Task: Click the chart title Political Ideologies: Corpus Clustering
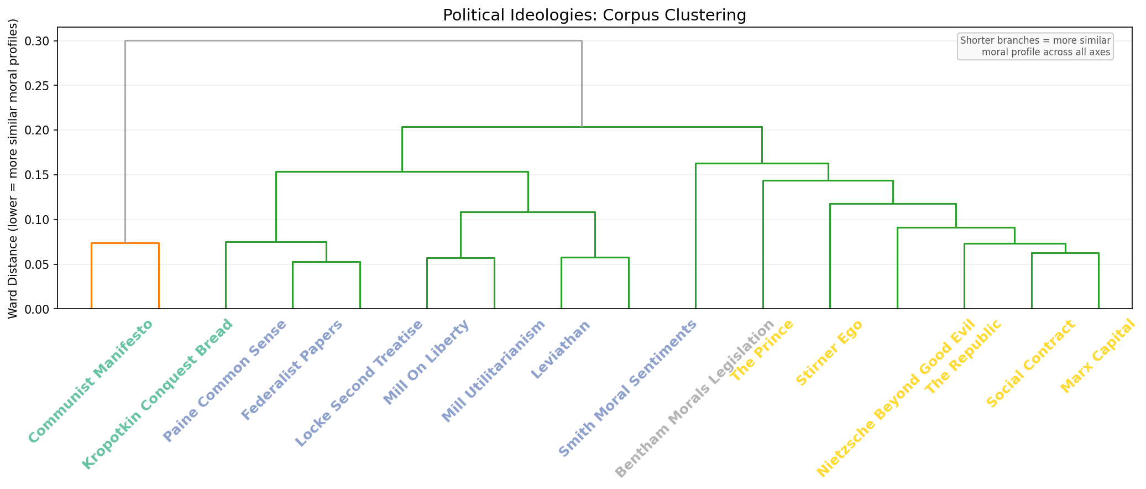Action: [594, 15]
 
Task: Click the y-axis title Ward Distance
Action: [14, 168]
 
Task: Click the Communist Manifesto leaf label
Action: [90, 382]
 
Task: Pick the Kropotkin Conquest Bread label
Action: [158, 394]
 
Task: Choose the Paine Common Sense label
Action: [224, 381]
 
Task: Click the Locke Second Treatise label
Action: [359, 383]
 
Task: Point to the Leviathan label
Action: [561, 350]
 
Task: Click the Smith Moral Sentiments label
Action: [627, 389]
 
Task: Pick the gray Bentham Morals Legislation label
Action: [695, 399]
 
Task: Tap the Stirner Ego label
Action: [829, 352]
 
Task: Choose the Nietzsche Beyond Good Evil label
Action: [896, 398]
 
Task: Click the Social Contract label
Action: [1031, 364]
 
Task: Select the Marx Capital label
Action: [1098, 356]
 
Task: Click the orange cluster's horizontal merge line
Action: [125, 243]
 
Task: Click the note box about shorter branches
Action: [1035, 46]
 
